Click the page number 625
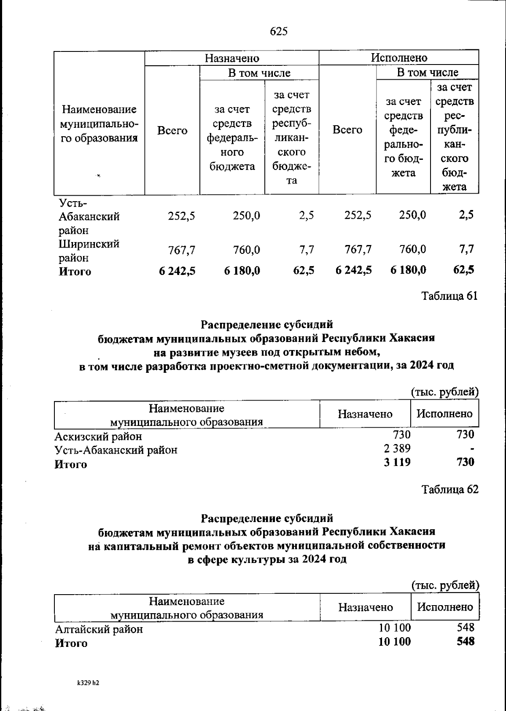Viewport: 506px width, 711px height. click(279, 31)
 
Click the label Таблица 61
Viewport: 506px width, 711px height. click(450, 296)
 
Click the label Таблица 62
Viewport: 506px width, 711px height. click(450, 489)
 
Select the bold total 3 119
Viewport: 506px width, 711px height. click(397, 462)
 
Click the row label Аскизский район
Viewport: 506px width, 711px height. click(98, 436)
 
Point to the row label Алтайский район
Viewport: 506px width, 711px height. click(99, 629)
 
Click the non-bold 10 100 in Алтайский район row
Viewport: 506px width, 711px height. click(395, 628)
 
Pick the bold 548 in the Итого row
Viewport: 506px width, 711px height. click(465, 641)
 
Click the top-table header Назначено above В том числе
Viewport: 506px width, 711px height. click(232, 58)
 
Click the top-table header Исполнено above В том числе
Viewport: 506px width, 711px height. click(399, 57)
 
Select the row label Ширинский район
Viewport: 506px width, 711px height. click(89, 250)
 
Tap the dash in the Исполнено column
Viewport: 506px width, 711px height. click(472, 449)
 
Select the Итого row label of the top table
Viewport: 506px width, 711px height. click(75, 271)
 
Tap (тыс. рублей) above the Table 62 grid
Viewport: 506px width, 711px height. click(445, 585)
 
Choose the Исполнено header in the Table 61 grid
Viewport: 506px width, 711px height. click(444, 414)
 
